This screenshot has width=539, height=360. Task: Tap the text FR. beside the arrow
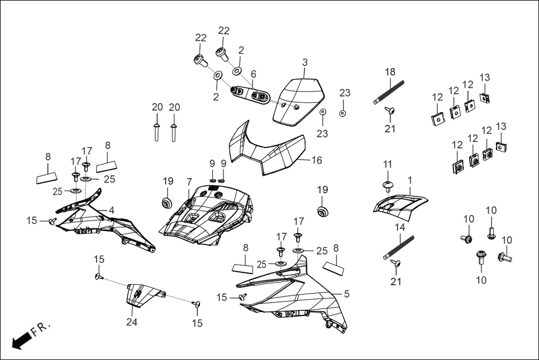[x=41, y=329]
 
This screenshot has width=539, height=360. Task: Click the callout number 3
[x=305, y=62]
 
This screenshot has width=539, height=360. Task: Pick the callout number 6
[x=253, y=74]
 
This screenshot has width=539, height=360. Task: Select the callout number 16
[x=317, y=160]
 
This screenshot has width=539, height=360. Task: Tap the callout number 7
[x=189, y=182]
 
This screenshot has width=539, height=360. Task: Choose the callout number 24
[x=131, y=321]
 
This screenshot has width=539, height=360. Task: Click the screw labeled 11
[x=387, y=185]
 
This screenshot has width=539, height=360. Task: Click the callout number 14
[x=399, y=227]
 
